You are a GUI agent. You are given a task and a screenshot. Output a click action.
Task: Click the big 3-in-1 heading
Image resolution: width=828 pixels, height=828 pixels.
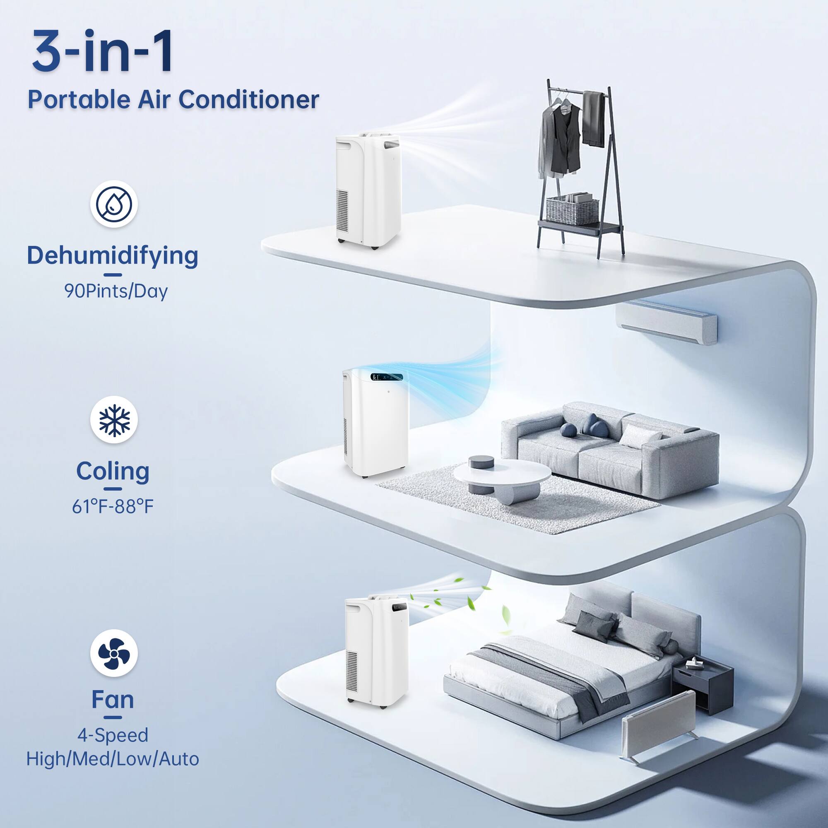click(x=103, y=51)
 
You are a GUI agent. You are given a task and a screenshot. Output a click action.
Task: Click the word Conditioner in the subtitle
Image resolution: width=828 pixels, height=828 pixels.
click(x=248, y=100)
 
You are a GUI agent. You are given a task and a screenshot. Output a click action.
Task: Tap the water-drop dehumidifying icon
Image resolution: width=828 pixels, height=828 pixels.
click(x=113, y=205)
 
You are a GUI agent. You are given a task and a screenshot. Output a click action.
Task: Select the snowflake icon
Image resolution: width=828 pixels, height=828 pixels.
click(x=113, y=419)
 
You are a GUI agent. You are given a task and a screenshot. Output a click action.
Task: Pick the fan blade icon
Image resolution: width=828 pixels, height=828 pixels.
click(x=113, y=653)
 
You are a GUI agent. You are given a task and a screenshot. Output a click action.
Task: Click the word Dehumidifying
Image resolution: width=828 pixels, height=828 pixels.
click(x=112, y=255)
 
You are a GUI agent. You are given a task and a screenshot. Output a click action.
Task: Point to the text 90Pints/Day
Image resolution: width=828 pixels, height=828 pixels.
click(x=116, y=291)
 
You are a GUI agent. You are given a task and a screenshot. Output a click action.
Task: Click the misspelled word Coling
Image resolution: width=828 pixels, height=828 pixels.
click(x=113, y=471)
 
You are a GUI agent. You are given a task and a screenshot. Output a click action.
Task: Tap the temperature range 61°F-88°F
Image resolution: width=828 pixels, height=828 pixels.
click(x=113, y=507)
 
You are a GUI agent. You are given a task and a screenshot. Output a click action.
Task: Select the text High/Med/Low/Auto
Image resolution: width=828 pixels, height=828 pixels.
click(x=113, y=758)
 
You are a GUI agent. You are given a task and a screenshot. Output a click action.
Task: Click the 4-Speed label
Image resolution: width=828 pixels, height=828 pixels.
click(x=113, y=735)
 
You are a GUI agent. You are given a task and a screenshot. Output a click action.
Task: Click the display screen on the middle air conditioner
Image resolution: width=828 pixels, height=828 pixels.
click(x=387, y=377)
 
